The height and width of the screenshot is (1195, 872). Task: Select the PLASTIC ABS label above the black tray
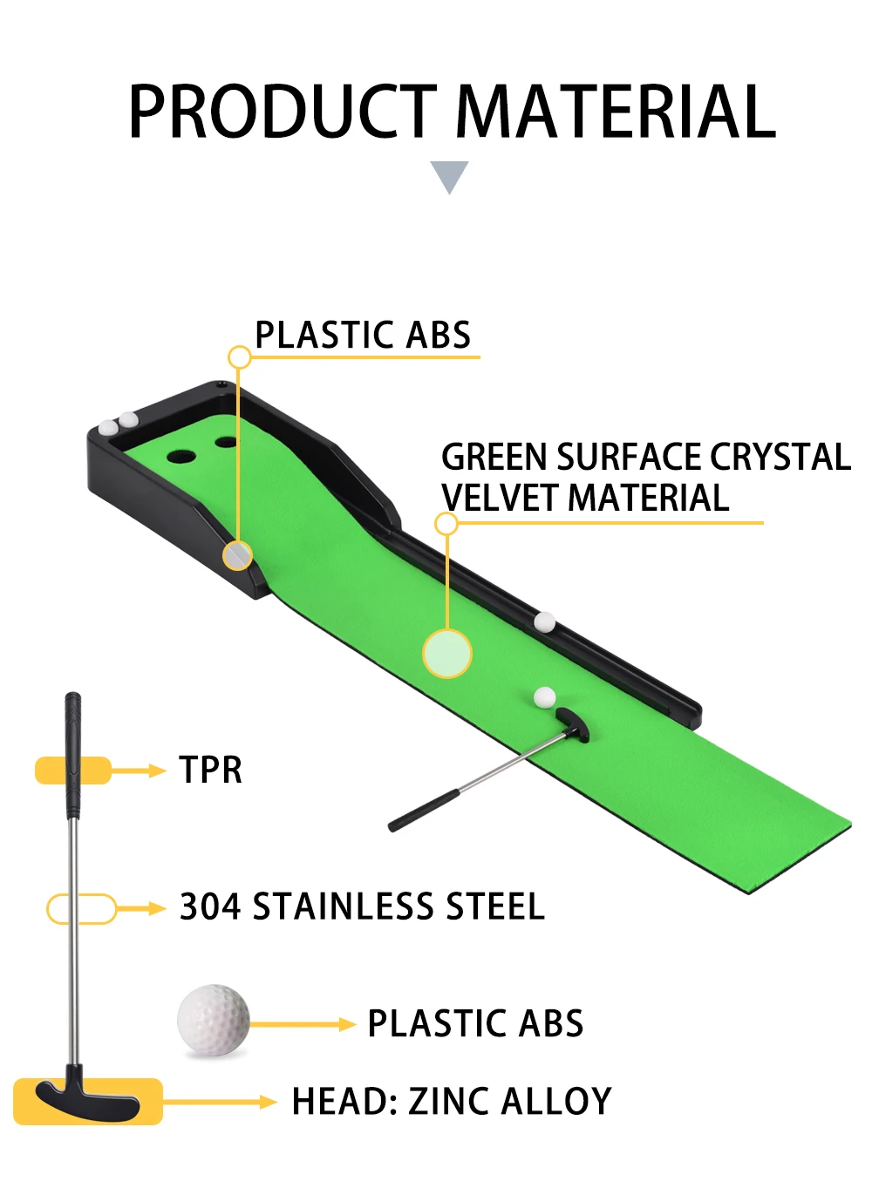pyautogui.click(x=363, y=336)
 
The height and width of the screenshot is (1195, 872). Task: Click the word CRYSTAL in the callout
pyautogui.click(x=780, y=457)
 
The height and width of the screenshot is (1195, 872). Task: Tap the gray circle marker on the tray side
pyautogui.click(x=237, y=555)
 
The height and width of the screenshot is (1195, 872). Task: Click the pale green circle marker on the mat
pyautogui.click(x=446, y=652)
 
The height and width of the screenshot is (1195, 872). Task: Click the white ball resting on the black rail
pyautogui.click(x=545, y=621)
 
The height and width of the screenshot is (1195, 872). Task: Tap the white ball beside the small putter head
pyautogui.click(x=545, y=696)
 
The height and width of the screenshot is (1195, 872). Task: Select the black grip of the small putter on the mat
pyautogui.click(x=424, y=811)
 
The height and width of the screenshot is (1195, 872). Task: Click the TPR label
pyautogui.click(x=210, y=771)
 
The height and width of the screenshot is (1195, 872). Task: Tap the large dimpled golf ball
pyautogui.click(x=213, y=1020)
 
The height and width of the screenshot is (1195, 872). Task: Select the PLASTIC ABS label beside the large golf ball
pyautogui.click(x=475, y=1024)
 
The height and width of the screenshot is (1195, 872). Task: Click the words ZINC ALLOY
pyautogui.click(x=510, y=1102)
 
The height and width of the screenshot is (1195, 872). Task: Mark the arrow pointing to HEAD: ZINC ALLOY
pyautogui.click(x=222, y=1102)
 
